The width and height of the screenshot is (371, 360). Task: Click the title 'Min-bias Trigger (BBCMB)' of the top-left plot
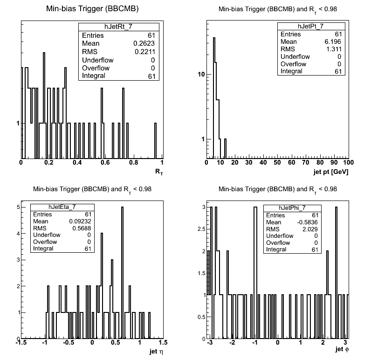click(92, 9)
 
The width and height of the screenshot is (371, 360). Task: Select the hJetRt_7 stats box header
click(118, 27)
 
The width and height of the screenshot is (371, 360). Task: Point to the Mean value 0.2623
click(144, 43)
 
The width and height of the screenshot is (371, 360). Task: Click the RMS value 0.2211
click(145, 52)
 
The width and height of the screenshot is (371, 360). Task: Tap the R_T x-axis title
click(159, 172)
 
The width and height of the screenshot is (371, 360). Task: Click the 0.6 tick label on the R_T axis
click(105, 163)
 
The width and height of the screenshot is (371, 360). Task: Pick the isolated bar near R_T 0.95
click(156, 140)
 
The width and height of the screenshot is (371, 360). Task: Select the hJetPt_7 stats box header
click(311, 26)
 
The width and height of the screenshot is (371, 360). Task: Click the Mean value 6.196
click(333, 42)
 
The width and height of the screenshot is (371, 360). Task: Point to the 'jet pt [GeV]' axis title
click(331, 172)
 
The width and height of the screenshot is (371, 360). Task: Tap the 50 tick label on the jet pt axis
click(277, 163)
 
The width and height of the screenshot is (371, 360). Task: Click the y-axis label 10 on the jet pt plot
click(201, 74)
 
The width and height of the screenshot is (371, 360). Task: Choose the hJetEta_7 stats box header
click(62, 207)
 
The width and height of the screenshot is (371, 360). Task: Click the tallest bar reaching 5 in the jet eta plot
click(122, 273)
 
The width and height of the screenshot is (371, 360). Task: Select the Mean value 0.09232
click(80, 222)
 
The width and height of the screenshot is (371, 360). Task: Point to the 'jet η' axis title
click(157, 352)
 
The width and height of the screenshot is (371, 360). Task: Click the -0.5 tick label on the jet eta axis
click(69, 342)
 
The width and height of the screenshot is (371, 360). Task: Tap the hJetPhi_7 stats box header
click(292, 208)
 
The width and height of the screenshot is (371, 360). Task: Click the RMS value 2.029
click(310, 229)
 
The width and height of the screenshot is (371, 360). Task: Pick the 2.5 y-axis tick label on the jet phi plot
click(202, 229)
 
